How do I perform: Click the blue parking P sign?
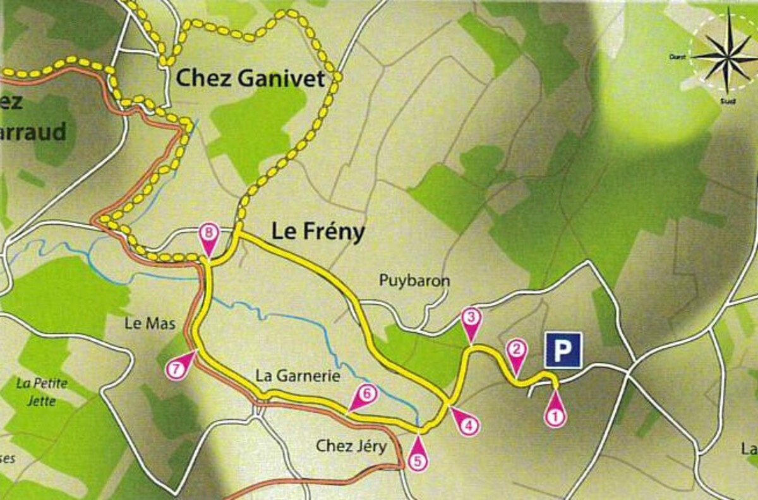563,350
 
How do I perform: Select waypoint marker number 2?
517,351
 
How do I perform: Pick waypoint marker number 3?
471,318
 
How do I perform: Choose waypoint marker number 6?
367,395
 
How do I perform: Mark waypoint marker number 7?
177,369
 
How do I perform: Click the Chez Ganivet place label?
250,80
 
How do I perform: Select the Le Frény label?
318,232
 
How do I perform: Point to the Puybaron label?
415,280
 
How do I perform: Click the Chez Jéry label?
351,446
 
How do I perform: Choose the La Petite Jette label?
42,391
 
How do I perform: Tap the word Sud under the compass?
728,100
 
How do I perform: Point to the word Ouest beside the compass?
677,57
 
